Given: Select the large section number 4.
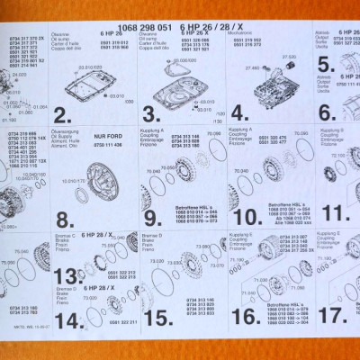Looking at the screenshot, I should (238, 113).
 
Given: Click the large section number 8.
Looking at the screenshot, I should (64, 219).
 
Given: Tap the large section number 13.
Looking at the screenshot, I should (65, 275).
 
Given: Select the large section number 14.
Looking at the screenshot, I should (65, 319).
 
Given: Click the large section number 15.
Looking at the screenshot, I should (156, 317).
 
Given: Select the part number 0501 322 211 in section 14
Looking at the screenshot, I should (121, 320).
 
